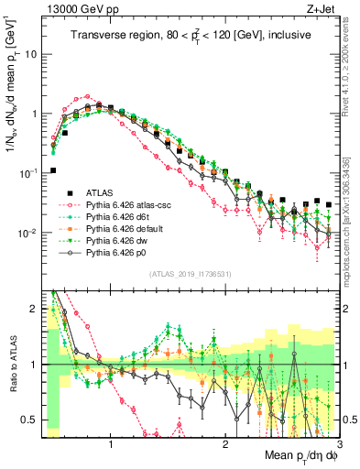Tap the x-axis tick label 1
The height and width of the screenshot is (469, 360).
pyautogui.click(x=111, y=441)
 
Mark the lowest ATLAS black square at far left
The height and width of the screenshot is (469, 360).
pyautogui.click(x=53, y=170)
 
